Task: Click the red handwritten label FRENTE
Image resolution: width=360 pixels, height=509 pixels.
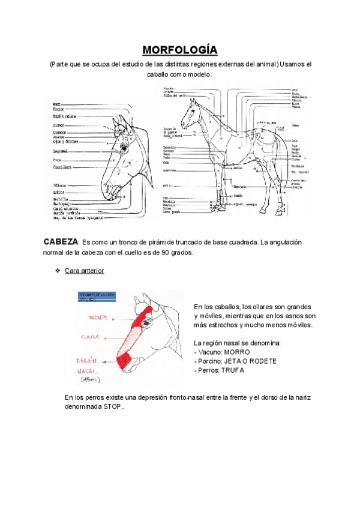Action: coord(98,316)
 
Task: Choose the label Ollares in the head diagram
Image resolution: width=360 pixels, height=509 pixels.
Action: coord(60,185)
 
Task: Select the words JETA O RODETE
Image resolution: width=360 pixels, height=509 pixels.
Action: coord(251,361)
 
